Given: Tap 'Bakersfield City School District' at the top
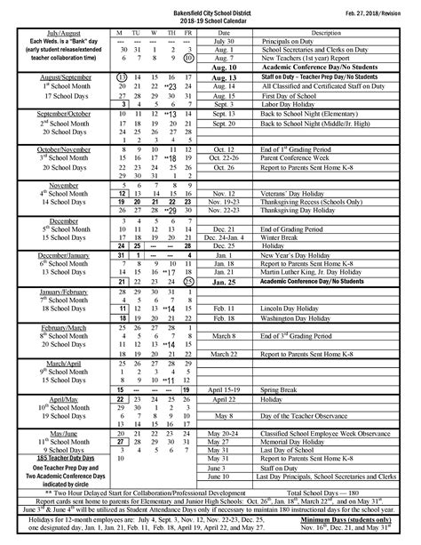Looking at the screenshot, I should [210, 7].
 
